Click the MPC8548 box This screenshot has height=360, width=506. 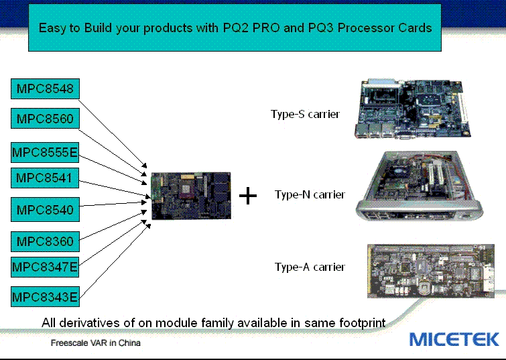pos(45,88)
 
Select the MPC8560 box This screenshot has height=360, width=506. pos(45,119)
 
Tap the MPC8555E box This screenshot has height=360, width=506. pos(45,152)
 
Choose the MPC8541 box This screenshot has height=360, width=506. pos(45,178)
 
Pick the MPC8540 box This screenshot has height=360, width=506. pos(45,210)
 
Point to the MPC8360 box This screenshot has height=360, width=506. pos(45,241)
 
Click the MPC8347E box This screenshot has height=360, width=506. pos(45,267)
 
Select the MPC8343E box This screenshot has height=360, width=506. pos(45,297)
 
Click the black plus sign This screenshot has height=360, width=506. pos(248,196)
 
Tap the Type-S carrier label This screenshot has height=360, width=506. pos(306,114)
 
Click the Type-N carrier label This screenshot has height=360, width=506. pos(310,194)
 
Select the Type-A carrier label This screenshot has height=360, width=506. pos(310,267)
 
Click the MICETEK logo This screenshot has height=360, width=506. pos(454,339)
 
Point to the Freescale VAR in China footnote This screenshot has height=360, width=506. pos(96,343)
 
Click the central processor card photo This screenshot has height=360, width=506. pos(191,196)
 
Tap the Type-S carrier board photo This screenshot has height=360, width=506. pos(413,109)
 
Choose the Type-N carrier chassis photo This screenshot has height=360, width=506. pos(419,186)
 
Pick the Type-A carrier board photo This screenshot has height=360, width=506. pos(431,272)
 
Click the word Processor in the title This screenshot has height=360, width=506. pos(366,27)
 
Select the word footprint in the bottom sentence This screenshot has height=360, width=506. pos(362,323)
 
